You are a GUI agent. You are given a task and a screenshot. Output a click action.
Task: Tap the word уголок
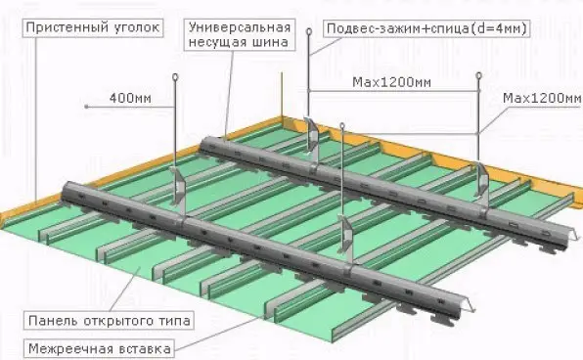137,27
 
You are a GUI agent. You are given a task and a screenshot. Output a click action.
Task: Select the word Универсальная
240,27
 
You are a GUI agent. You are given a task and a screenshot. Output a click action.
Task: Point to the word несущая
217,42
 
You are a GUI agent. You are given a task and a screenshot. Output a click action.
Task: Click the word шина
270,42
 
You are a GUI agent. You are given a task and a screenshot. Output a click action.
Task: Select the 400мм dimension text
130,98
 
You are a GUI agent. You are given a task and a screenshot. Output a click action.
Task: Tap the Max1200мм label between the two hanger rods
392,82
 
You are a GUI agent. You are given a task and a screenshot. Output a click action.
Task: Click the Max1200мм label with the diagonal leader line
542,98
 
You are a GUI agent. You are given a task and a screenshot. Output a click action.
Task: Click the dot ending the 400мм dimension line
86,107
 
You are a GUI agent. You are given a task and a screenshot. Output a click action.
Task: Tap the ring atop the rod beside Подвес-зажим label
309,31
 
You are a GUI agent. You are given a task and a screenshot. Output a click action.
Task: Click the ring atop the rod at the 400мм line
175,77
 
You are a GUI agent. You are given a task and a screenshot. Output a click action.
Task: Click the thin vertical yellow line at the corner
282,94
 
